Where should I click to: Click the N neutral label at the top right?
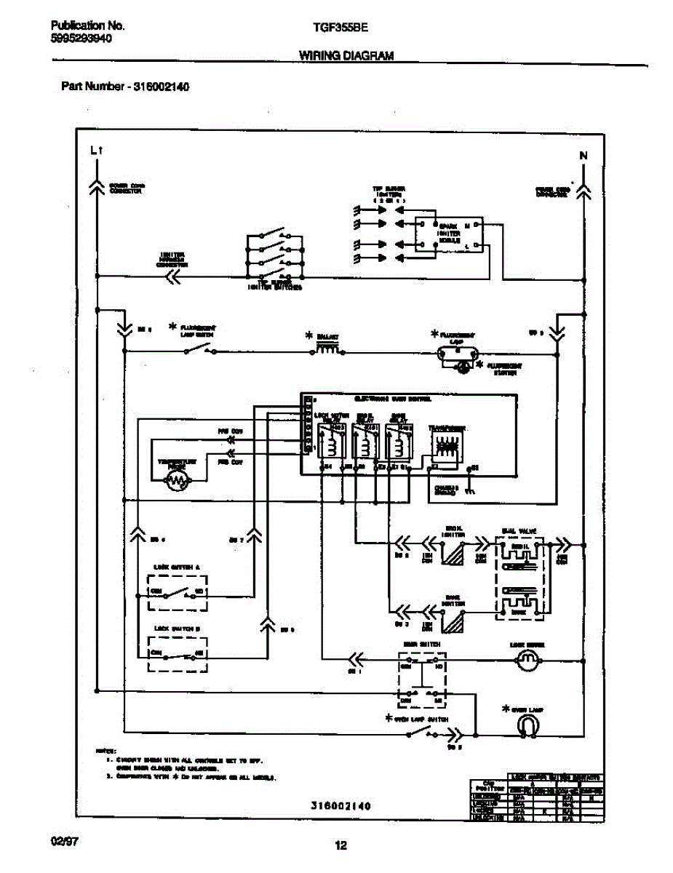click(x=584, y=155)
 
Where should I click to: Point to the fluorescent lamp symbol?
click(x=456, y=354)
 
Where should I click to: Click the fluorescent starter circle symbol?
click(x=461, y=368)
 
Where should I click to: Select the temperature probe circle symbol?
click(x=178, y=479)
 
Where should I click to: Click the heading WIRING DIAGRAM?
click(x=346, y=56)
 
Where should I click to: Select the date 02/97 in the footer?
click(x=65, y=841)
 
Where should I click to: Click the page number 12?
click(x=341, y=845)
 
